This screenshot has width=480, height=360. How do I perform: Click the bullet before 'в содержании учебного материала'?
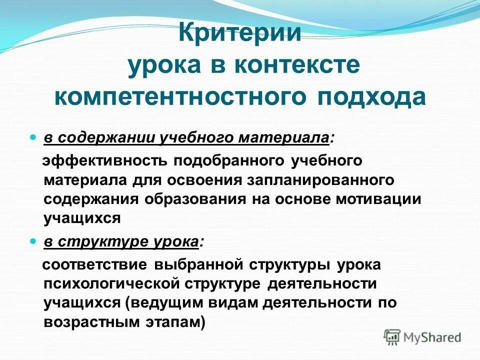(33, 136)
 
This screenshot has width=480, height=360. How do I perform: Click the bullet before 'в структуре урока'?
(33, 241)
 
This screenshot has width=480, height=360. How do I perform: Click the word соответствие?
(94, 264)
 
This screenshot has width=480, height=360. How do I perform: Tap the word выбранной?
(191, 264)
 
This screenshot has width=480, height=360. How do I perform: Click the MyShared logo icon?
(392, 336)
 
